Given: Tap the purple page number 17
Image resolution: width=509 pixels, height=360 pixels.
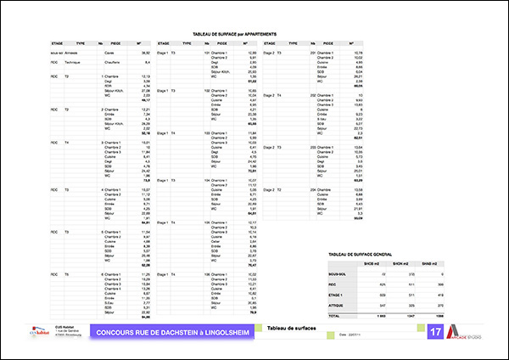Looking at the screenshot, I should click(435, 331).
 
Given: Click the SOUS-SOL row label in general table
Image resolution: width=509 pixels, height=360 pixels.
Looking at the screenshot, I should click(338, 275).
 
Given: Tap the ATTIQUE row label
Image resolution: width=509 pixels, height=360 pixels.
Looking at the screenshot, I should click(337, 303).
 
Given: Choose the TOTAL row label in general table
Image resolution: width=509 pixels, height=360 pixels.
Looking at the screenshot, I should click(335, 315).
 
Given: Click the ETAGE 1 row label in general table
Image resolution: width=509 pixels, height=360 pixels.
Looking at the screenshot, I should click(337, 294).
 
